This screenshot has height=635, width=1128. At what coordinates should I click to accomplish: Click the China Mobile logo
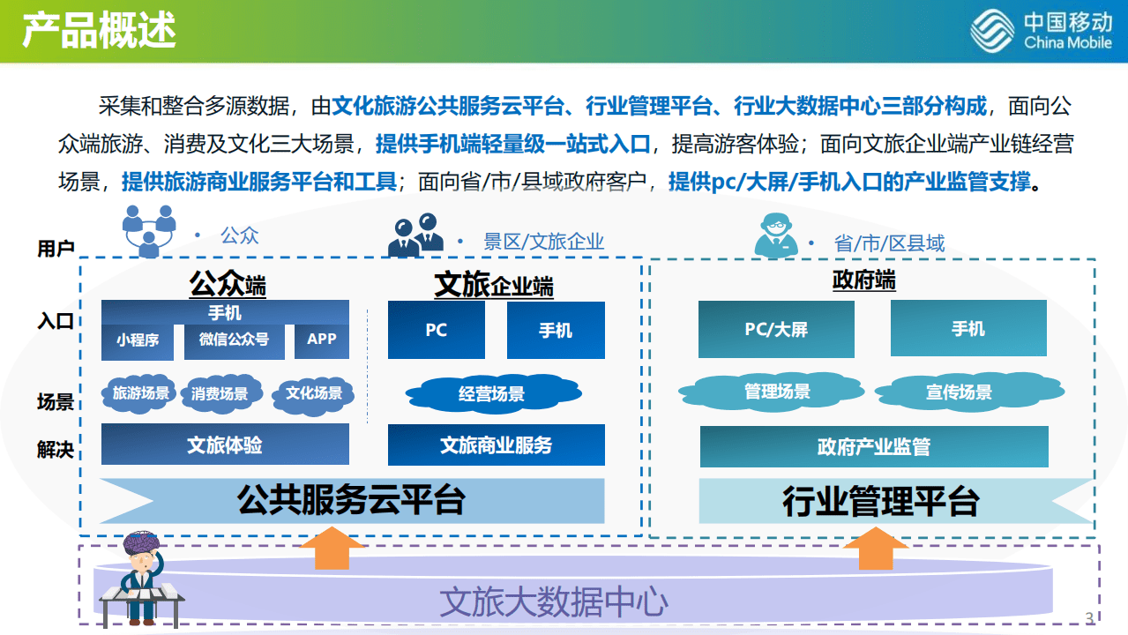pyautogui.click(x=1041, y=32)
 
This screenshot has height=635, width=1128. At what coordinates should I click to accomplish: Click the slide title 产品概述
pyautogui.click(x=99, y=31)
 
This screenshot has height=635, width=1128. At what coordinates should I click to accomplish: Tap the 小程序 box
pyautogui.click(x=137, y=340)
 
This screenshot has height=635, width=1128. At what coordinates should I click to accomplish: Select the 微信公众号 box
pyautogui.click(x=234, y=340)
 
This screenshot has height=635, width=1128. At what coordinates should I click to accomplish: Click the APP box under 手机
pyautogui.click(x=321, y=340)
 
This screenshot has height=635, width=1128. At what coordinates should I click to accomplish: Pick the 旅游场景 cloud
pyautogui.click(x=140, y=393)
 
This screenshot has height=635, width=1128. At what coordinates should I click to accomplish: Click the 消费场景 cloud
pyautogui.click(x=220, y=394)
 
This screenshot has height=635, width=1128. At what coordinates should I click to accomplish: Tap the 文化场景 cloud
pyautogui.click(x=313, y=393)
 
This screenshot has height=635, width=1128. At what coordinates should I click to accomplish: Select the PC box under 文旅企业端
pyautogui.click(x=436, y=330)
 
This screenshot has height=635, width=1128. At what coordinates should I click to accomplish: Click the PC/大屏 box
pyautogui.click(x=776, y=329)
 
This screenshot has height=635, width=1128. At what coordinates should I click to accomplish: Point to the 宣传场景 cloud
pyautogui.click(x=958, y=392)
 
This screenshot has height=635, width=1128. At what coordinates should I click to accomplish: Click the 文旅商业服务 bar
pyautogui.click(x=496, y=445)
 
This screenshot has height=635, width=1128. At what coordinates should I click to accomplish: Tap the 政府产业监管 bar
pyautogui.click(x=873, y=447)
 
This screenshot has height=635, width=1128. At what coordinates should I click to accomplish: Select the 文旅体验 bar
pyautogui.click(x=225, y=444)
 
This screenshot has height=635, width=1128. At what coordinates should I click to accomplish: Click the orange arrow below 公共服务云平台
pyautogui.click(x=332, y=549)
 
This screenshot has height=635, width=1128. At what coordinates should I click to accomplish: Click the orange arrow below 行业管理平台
pyautogui.click(x=875, y=549)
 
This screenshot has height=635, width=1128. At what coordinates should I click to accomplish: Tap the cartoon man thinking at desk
pyautogui.click(x=141, y=579)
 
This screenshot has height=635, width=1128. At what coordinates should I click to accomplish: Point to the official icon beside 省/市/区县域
pyautogui.click(x=775, y=235)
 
